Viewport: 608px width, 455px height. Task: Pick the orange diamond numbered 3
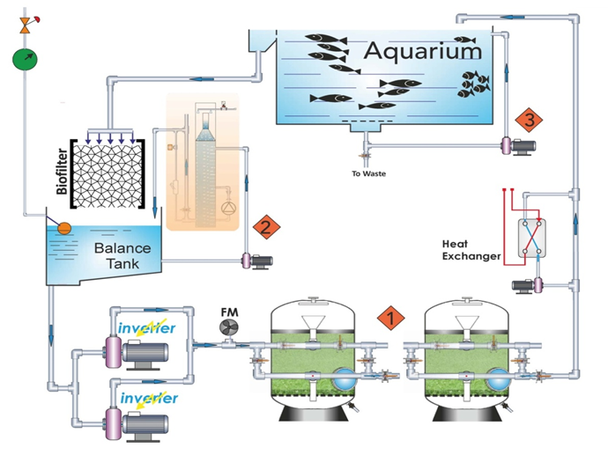pos(529,118)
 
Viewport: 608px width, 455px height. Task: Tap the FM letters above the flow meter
pos(229,311)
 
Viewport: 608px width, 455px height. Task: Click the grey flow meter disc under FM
pos(228,328)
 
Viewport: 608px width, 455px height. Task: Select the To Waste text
pos(369,173)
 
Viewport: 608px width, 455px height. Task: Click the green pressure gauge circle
pos(26,61)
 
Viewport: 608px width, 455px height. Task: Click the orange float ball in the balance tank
pos(64,228)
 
